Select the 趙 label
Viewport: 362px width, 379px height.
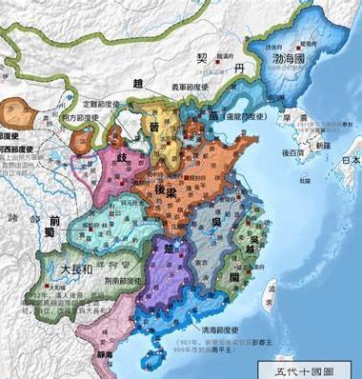(139, 82)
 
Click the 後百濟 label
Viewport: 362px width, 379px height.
(292, 151)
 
